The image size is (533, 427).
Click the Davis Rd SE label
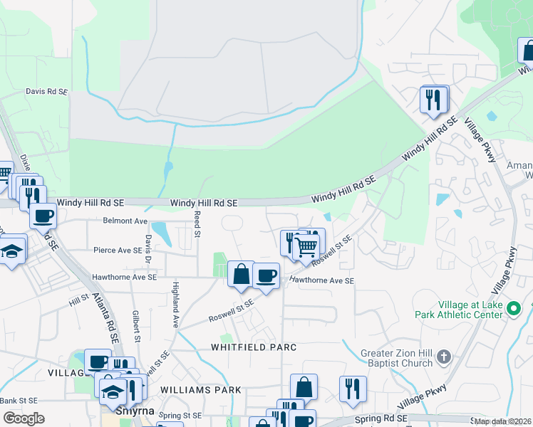point(46,92)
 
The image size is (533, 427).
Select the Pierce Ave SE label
point(118,251)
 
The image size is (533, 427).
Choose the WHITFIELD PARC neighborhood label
point(253,347)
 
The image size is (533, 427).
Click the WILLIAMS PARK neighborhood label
point(201,390)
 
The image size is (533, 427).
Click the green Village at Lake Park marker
point(517,309)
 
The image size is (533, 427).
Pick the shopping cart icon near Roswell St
point(306,248)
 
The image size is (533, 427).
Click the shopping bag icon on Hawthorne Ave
point(241,273)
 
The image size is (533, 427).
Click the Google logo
point(24,418)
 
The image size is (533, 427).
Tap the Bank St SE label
point(19,401)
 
